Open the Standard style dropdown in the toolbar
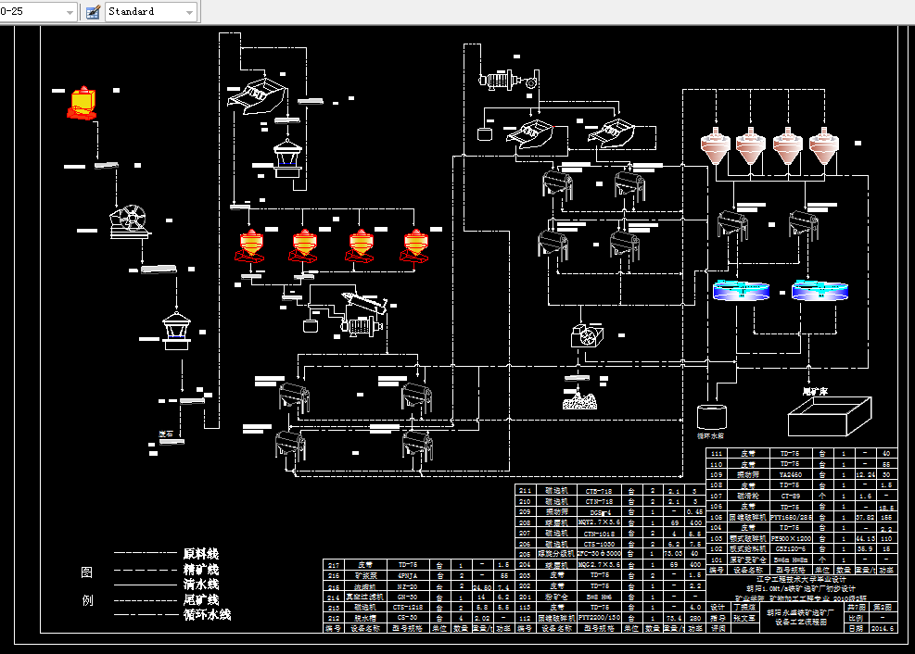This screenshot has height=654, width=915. [x=189, y=12]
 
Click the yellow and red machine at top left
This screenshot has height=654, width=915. [x=83, y=103]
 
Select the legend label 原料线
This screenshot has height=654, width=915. [x=201, y=554]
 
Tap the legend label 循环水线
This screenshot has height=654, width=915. [x=207, y=614]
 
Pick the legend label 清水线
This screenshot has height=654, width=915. [x=201, y=585]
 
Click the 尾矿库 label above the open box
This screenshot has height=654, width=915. [x=814, y=392]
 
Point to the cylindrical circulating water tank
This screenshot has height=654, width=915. [x=713, y=416]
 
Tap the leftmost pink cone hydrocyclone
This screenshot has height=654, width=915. [x=716, y=145]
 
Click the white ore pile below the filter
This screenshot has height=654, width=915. [x=582, y=400]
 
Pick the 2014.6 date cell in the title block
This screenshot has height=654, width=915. [x=885, y=629]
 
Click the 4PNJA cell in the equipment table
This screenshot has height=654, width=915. [x=402, y=575]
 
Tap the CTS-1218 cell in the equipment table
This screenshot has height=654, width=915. [x=402, y=608]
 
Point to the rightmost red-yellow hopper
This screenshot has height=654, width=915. [x=416, y=245]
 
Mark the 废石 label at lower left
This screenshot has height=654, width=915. [x=167, y=434]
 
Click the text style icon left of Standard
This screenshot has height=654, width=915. [x=93, y=12]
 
